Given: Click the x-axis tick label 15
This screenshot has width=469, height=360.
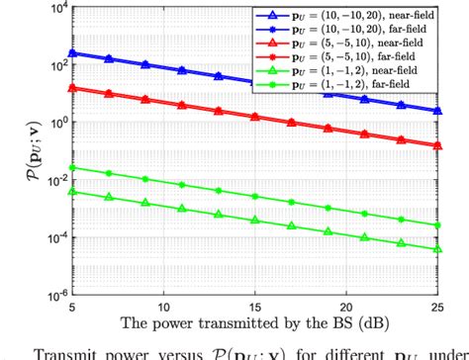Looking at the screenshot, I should coord(253,309).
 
